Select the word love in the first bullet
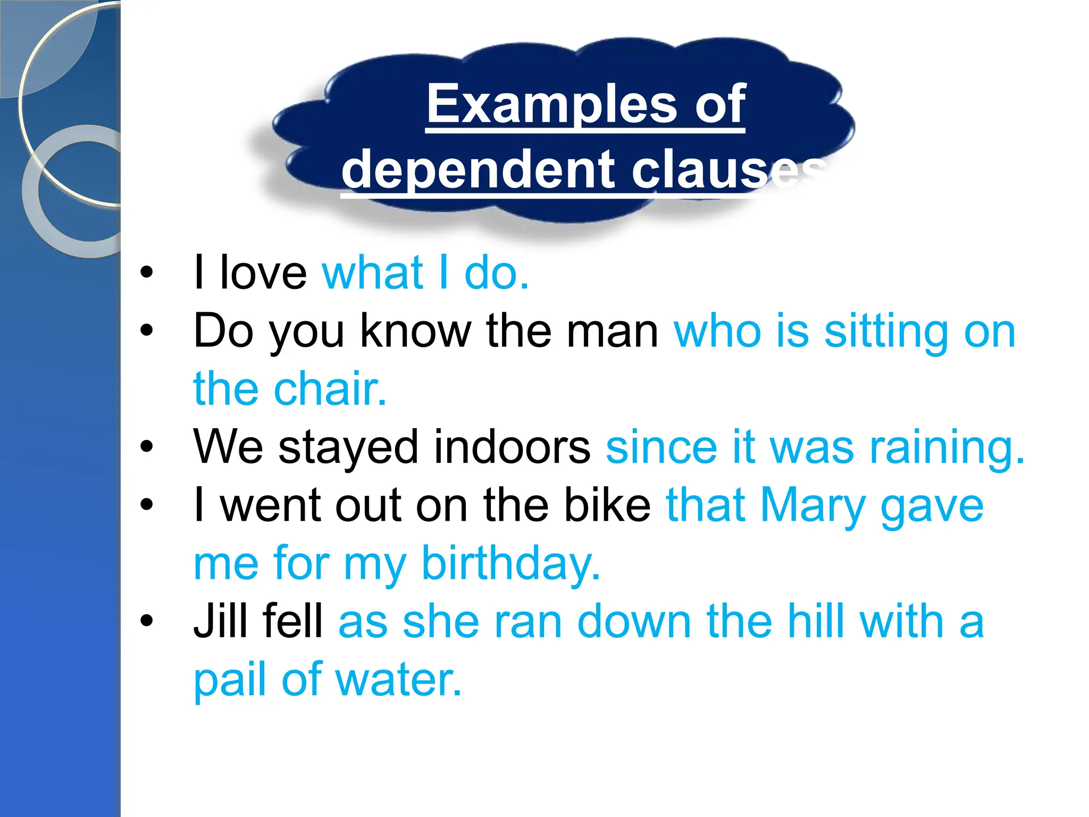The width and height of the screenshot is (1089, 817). pos(263,273)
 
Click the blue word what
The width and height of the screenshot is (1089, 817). pos(373,273)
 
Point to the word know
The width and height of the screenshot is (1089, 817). pos(415,331)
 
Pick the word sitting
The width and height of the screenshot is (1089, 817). pos(886,331)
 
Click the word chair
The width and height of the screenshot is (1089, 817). pos(330,389)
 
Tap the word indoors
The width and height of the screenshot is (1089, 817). pos(512,447)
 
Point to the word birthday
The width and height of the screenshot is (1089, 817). pos(511,563)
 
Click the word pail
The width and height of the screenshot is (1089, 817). pos(229,680)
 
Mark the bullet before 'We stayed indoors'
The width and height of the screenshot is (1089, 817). pos(147,447)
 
